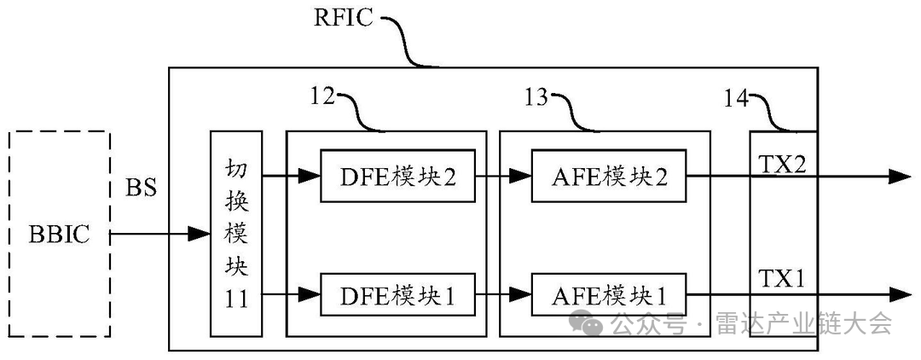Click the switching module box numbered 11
tap(236, 233)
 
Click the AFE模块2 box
tap(608, 177)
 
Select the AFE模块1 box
tap(608, 295)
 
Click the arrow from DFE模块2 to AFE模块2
tap(503, 177)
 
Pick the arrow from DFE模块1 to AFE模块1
tap(503, 295)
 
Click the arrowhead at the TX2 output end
tap(900, 177)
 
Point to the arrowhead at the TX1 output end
tap(900, 295)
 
